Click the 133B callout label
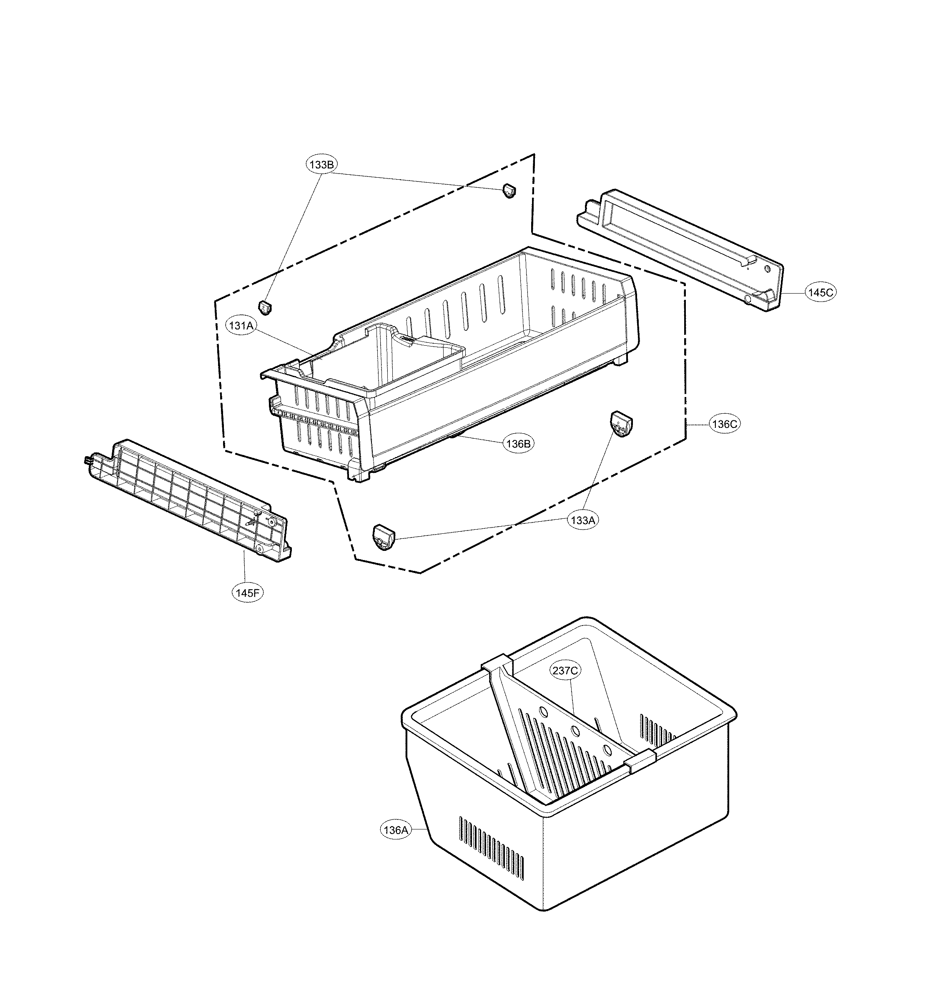click(x=322, y=164)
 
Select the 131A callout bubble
click(x=241, y=325)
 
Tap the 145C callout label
click(x=821, y=292)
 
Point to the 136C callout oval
click(x=725, y=424)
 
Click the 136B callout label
click(x=518, y=443)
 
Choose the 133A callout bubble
click(x=583, y=520)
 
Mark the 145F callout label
click(x=248, y=593)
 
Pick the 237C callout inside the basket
click(x=565, y=670)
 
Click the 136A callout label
click(x=395, y=830)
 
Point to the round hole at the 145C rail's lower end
click(x=748, y=299)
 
